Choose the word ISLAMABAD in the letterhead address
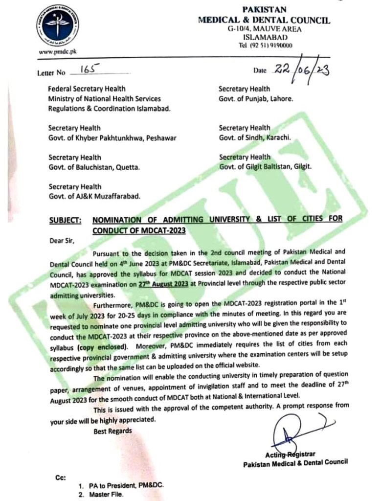click(264, 38)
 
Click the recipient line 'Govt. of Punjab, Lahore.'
click(256, 98)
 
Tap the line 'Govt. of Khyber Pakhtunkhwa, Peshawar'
click(112, 137)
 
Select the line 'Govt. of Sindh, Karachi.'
click(255, 137)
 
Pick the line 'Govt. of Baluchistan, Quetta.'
click(94, 167)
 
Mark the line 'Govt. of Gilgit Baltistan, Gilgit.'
click(265, 166)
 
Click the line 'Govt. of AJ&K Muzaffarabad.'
click(94, 196)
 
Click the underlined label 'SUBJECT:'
click(66, 220)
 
